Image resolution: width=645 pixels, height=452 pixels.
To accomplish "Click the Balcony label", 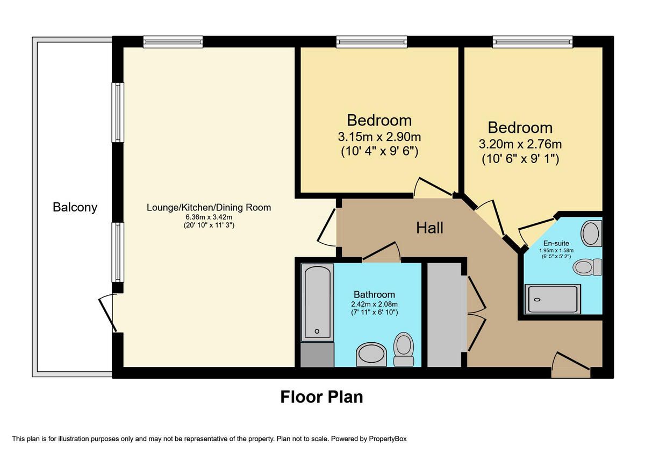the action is (x=75, y=207).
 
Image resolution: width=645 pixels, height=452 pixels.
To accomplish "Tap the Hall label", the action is (x=429, y=228).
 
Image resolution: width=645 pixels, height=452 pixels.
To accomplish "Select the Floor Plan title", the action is (x=321, y=397).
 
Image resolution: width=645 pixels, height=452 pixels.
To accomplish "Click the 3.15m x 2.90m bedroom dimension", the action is (x=379, y=137).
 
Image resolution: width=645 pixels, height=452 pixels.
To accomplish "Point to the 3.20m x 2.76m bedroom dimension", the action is (x=520, y=144).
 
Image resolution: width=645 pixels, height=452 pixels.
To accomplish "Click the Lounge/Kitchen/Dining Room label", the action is (x=209, y=208).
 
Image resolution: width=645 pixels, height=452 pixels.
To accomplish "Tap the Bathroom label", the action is (x=374, y=295).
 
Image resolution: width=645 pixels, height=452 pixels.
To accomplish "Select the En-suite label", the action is (x=556, y=243).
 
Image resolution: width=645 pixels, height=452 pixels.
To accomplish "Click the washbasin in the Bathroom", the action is (x=371, y=354).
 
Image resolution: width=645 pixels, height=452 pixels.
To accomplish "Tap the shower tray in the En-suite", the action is (x=553, y=299).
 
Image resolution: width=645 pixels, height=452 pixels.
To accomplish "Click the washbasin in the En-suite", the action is (x=591, y=234).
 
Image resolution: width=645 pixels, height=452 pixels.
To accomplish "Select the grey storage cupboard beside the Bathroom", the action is (x=444, y=315).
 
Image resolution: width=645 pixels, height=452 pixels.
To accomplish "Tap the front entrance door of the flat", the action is (x=571, y=365).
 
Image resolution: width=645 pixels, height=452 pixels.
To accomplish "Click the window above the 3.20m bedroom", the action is (x=533, y=42).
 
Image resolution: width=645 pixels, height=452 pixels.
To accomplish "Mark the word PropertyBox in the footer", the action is (x=388, y=439).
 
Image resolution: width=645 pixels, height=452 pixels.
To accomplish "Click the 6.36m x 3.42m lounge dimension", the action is (x=209, y=217).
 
